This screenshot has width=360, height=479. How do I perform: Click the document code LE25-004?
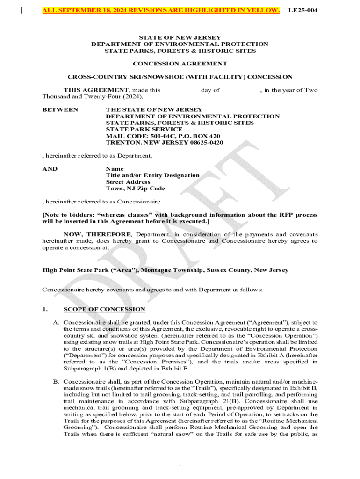pyautogui.click(x=302, y=10)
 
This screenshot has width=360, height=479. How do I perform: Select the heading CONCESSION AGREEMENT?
pyautogui.click(x=180, y=64)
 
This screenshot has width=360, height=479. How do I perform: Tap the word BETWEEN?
pyautogui.click(x=54, y=109)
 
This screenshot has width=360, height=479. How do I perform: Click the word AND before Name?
pyautogui.click(x=50, y=169)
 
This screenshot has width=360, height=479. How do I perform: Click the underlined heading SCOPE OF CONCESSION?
pyautogui.click(x=104, y=309)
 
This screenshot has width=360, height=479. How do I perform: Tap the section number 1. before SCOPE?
pyautogui.click(x=45, y=309)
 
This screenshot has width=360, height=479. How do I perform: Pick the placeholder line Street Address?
pyautogui.click(x=128, y=182)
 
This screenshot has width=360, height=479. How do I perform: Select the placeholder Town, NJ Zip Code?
pyautogui.click(x=135, y=189)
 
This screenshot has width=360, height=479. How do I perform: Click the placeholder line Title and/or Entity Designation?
pyautogui.click(x=152, y=175)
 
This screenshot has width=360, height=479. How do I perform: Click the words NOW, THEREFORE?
pyautogui.click(x=98, y=234)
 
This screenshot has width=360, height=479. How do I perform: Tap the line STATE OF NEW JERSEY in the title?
pyautogui.click(x=180, y=37)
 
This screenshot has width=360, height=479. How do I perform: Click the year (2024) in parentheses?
pyautogui.click(x=132, y=97)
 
